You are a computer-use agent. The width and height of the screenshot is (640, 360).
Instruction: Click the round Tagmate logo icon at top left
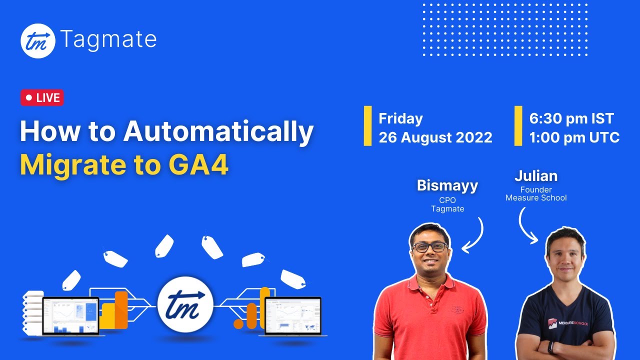pos(37,40)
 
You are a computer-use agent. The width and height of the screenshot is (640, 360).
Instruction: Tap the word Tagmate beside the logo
pos(108,39)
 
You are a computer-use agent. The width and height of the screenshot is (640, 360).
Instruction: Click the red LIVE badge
pos(42,98)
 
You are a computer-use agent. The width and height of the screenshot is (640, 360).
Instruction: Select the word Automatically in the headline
pos(218,132)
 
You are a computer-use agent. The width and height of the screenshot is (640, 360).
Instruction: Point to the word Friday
pos(400,118)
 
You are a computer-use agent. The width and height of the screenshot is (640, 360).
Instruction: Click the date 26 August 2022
pos(435,137)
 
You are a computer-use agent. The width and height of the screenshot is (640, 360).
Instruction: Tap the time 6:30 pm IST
pos(571,118)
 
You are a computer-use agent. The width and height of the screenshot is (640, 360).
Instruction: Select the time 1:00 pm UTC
pos(574,137)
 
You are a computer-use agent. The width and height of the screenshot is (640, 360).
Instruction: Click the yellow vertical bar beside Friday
pos(367,126)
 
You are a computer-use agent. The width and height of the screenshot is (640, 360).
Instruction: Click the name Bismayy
pos(447,185)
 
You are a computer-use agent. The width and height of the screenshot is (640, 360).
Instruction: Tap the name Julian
pos(536,176)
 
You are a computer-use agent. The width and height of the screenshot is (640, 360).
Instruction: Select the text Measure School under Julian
pos(536,198)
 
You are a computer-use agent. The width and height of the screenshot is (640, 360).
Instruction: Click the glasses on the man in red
pos(430,247)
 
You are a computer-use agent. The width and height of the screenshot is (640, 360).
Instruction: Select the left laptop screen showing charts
pos(70,315)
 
